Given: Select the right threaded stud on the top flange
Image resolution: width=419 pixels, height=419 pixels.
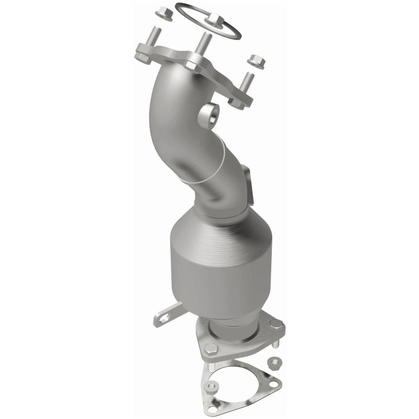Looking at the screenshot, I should click(x=246, y=84).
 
